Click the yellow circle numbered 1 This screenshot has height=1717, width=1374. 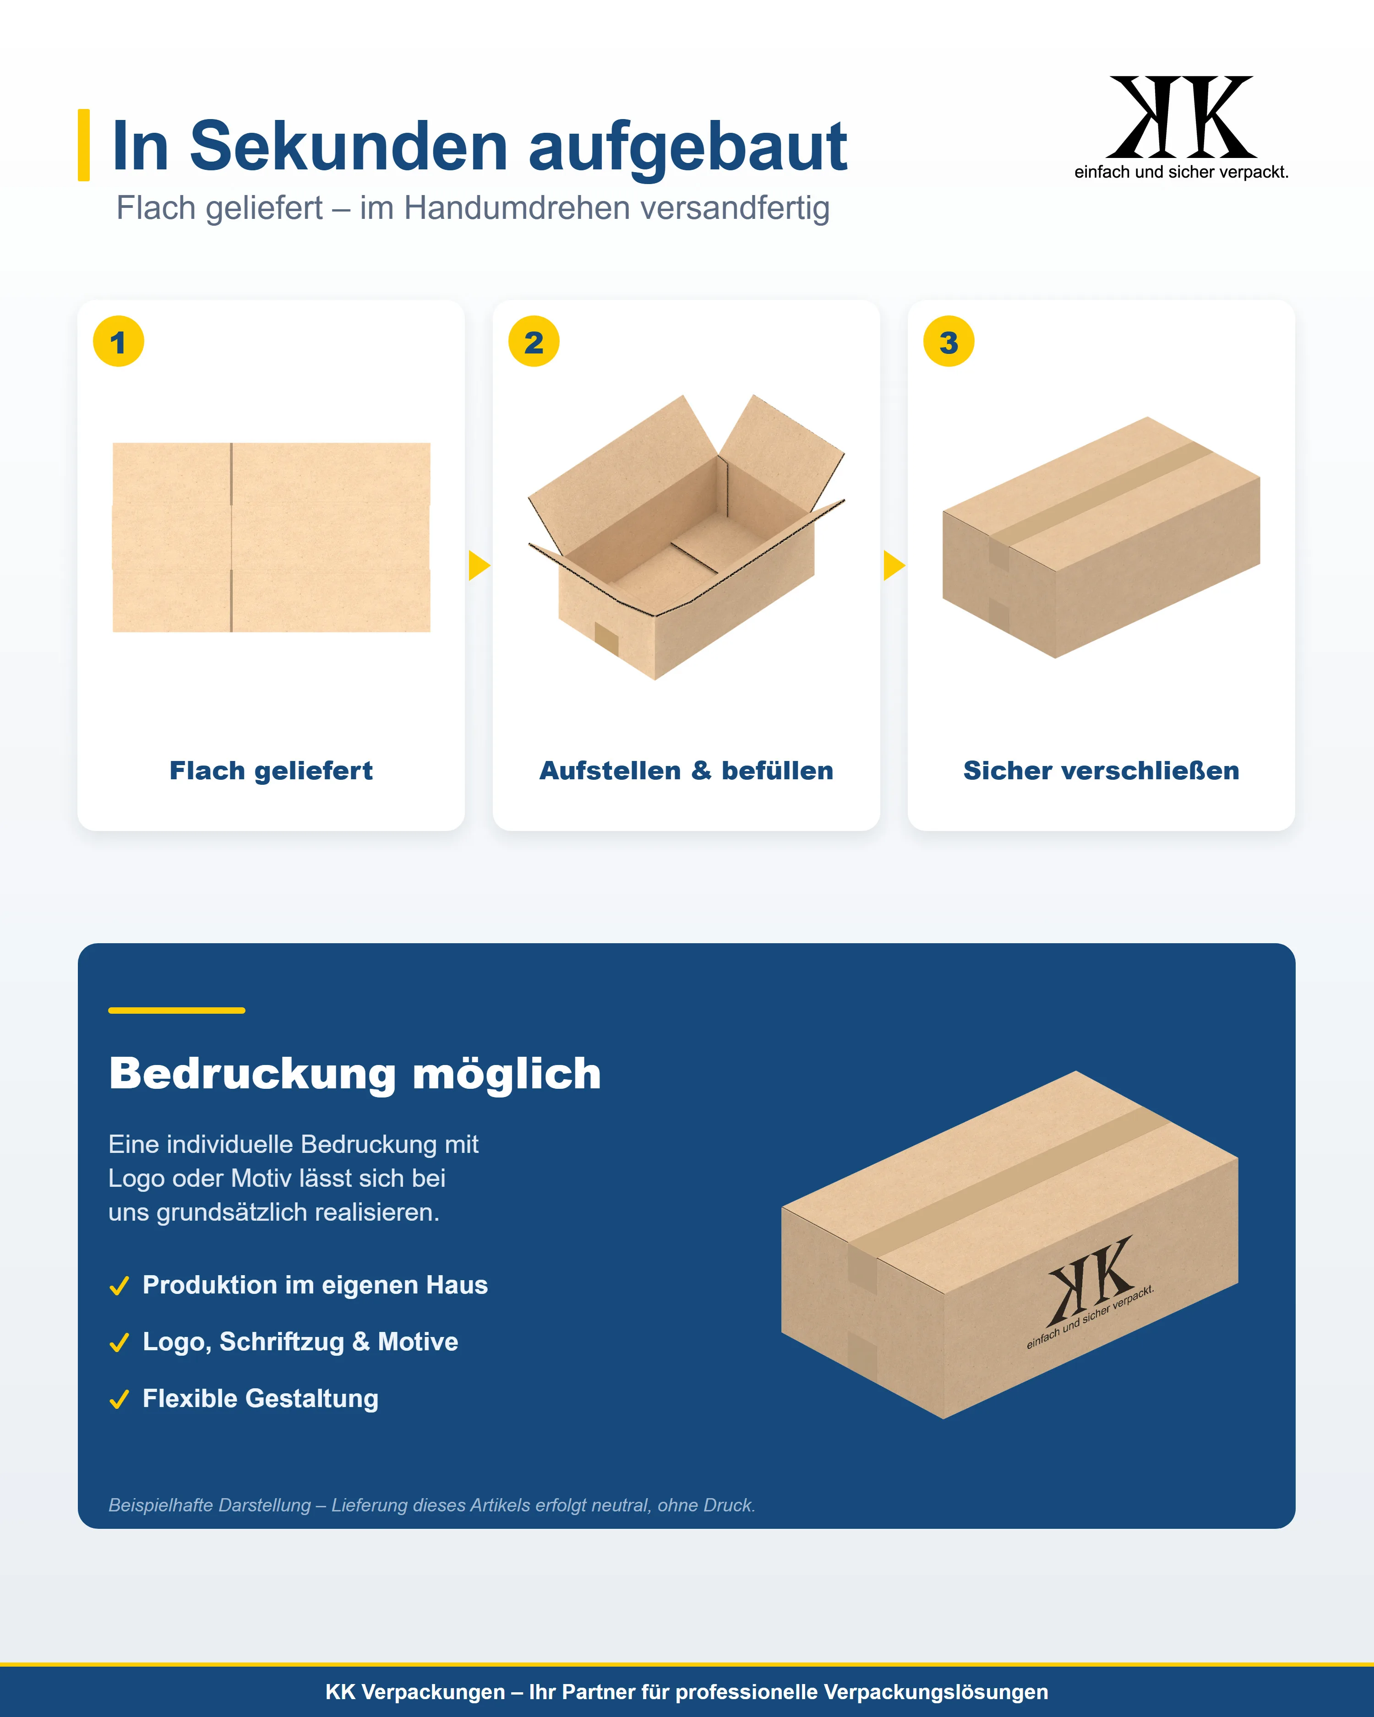(119, 342)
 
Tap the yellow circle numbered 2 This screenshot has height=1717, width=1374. (534, 342)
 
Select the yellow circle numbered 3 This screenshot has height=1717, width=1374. (949, 342)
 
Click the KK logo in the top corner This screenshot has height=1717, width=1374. (1181, 127)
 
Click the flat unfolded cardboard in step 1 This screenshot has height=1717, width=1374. (272, 538)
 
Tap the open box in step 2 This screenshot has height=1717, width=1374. (686, 538)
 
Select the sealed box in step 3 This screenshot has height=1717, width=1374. (1101, 538)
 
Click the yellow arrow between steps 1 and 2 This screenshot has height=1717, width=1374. (479, 565)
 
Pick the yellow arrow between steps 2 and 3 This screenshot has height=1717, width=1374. (894, 565)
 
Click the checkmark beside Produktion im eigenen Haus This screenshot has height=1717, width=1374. (120, 1286)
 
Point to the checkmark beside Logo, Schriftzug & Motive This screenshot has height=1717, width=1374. (120, 1343)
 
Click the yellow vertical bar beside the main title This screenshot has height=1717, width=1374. (84, 145)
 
